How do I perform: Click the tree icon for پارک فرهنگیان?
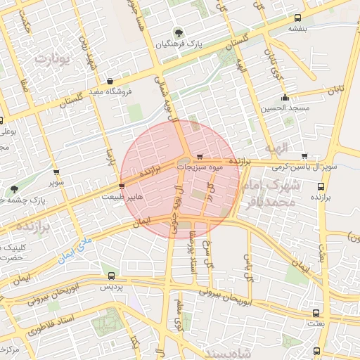click(179, 32)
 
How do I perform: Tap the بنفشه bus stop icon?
click(298, 18)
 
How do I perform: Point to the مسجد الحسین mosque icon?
click(285, 97)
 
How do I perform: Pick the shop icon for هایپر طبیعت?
click(122, 186)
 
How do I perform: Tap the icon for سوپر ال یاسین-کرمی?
click(304, 156)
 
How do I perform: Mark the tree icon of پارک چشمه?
click(14, 188)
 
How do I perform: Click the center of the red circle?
click(180, 179)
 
